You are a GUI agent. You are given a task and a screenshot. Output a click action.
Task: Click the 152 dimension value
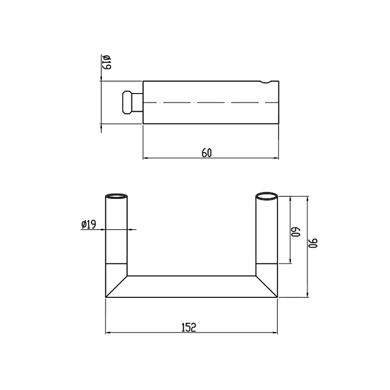click(189, 328)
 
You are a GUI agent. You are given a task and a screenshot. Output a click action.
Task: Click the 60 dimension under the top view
click(207, 153)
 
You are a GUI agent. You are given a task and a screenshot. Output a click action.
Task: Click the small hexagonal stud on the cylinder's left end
click(128, 102)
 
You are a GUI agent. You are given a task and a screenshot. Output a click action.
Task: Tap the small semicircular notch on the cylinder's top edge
click(266, 81)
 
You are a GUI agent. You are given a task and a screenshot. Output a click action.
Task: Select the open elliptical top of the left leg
click(117, 197)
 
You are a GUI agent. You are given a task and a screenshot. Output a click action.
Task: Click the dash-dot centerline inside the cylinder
click(205, 102)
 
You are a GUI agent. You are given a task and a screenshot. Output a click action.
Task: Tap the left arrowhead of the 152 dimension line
click(109, 333)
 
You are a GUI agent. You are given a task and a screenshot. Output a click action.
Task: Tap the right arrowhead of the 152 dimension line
click(275, 333)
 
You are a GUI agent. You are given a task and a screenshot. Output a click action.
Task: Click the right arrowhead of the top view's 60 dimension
click(276, 158)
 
